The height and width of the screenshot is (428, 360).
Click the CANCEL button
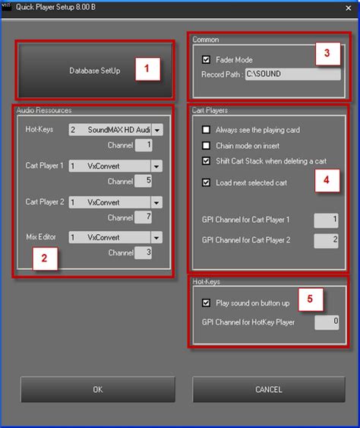tap(268, 389)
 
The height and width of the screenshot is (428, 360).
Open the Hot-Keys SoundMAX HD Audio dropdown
tap(156, 129)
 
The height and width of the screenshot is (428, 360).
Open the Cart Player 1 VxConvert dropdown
tap(156, 166)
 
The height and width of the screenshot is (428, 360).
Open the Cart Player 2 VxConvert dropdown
tap(156, 202)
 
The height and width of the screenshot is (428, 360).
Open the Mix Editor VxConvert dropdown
tap(156, 237)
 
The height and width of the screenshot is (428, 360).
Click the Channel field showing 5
tap(144, 181)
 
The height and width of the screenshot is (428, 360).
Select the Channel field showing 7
tap(144, 217)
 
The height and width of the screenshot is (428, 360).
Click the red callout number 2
tap(44, 258)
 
